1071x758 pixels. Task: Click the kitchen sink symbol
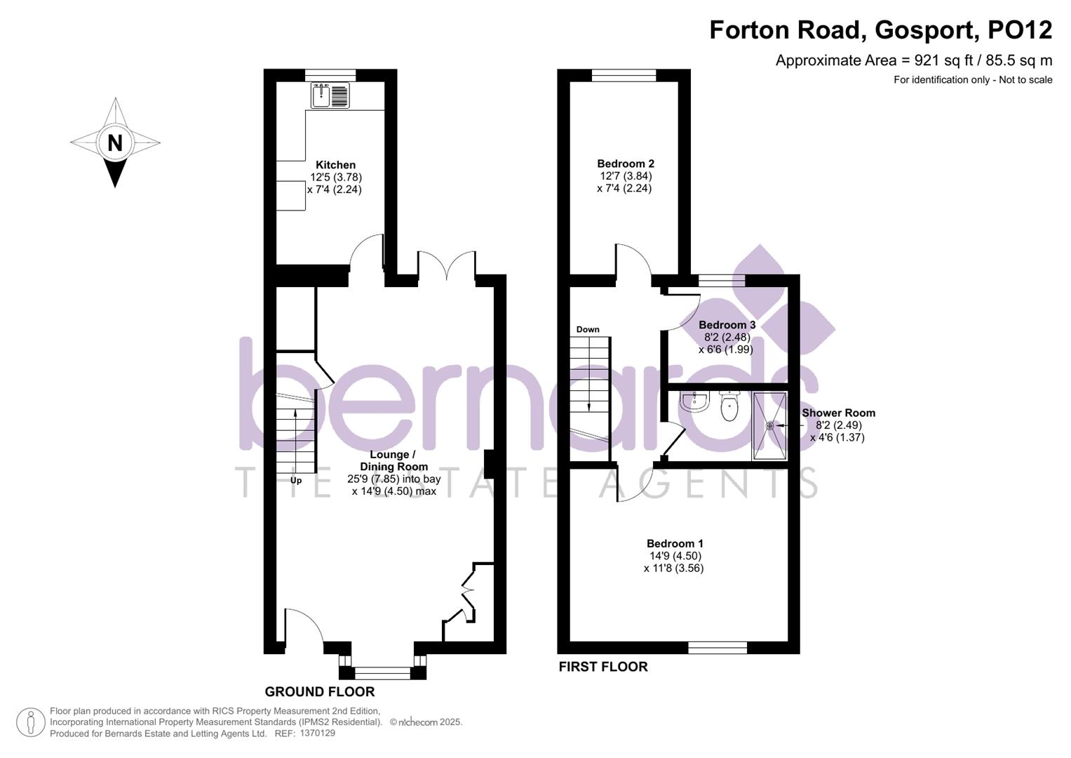point(330,95)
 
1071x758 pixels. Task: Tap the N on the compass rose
point(115,143)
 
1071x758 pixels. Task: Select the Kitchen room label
point(335,165)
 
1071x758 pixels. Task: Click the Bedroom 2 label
point(625,164)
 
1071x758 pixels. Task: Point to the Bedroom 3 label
point(727,325)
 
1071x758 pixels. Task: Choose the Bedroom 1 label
point(674,543)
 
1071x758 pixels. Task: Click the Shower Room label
point(838,413)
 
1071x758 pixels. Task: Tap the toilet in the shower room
point(729,406)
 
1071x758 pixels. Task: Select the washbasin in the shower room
point(695,401)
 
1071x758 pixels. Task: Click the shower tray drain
point(769,425)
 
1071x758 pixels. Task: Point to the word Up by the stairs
point(296,481)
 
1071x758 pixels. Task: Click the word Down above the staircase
point(588,329)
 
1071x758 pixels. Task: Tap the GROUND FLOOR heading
point(319,691)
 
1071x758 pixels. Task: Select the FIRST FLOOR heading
point(602,667)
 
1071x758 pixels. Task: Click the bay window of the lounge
point(382,672)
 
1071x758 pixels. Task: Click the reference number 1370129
point(317,733)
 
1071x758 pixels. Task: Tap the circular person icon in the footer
point(31,722)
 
